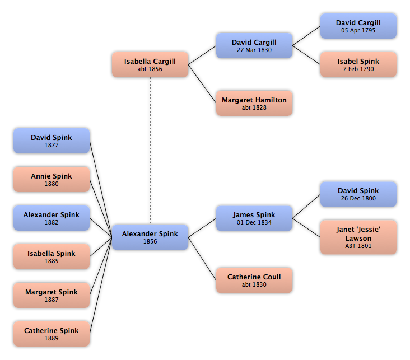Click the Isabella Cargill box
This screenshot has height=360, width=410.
(150, 64)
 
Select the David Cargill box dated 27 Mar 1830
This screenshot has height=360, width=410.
(254, 45)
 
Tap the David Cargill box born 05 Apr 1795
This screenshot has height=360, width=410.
(358, 26)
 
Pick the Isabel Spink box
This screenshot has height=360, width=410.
(358, 64)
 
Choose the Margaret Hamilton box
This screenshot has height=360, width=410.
(254, 103)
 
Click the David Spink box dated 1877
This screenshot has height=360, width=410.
(52, 141)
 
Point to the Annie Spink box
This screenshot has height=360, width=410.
(52, 179)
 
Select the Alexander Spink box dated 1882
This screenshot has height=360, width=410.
(52, 218)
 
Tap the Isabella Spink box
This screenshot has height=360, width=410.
(52, 256)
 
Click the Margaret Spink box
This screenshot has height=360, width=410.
(52, 295)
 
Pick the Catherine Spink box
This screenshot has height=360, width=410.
(52, 334)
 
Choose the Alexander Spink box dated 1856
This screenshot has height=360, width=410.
(150, 237)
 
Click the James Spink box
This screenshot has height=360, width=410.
(254, 218)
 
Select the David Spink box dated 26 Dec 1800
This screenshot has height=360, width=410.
(358, 194)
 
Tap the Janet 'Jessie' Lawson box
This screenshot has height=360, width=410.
(358, 237)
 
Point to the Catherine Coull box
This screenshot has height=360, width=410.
(254, 280)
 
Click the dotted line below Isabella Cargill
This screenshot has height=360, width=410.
(150, 151)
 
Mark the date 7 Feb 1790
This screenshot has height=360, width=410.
(358, 69)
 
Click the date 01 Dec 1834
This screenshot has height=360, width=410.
(254, 222)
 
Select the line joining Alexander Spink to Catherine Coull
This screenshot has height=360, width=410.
(202, 259)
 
